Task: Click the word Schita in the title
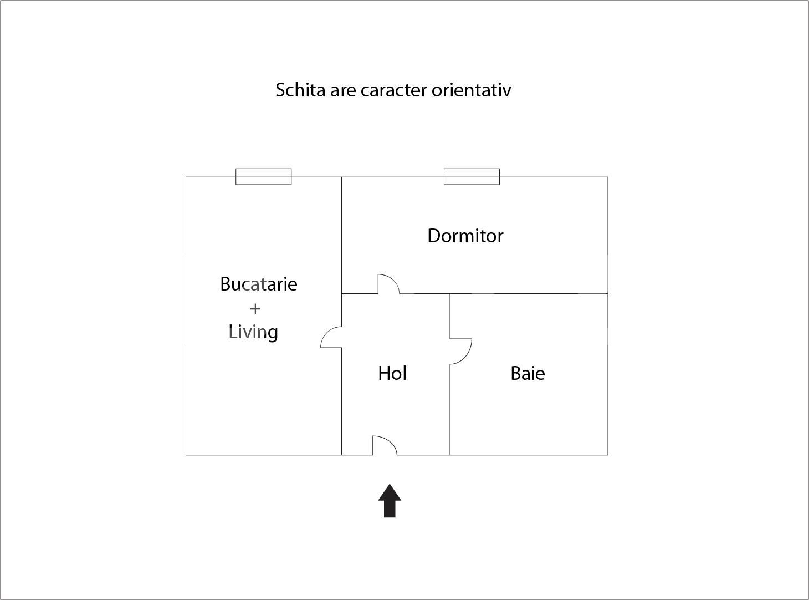pos(300,90)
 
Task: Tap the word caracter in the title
pos(393,90)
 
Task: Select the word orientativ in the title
pos(471,90)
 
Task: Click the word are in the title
pos(343,91)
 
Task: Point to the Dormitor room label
pos(465,236)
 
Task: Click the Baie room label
pos(528,374)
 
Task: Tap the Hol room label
pos(392,373)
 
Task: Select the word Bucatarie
pos(259,284)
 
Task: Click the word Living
pos(253,333)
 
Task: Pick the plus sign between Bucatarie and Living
pos(255,309)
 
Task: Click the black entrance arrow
pos(390,501)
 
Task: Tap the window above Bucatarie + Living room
pos(263,177)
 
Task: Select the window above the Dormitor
pos(472,177)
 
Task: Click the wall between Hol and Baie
pos(450,410)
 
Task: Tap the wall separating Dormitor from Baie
pos(529,293)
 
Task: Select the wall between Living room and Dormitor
pos(341,235)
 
